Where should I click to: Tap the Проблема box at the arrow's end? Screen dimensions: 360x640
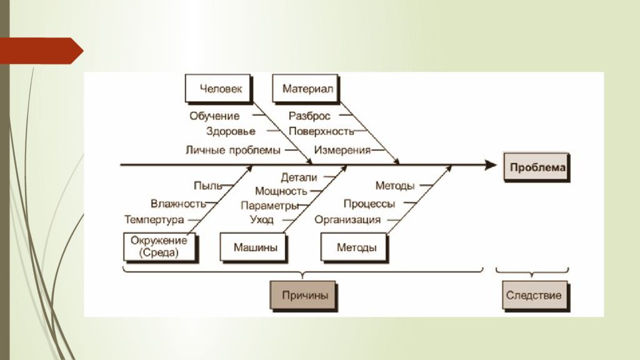point(537,167)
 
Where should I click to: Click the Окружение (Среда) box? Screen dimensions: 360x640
point(159,247)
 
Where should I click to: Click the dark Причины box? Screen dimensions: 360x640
point(302,295)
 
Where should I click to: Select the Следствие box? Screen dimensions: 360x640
point(535,295)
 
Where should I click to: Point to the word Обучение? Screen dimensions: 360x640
point(214,116)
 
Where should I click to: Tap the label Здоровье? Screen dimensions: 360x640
point(230,131)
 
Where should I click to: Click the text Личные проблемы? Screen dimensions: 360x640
point(232,150)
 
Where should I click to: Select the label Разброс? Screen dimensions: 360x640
point(309,116)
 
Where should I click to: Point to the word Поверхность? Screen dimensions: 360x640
point(321,131)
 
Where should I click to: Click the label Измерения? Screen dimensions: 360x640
point(342,150)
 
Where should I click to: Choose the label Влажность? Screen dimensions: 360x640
point(178,203)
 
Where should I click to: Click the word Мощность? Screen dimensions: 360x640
point(281,191)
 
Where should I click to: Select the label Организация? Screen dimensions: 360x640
point(347,219)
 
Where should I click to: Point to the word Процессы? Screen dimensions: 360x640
point(369,204)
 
